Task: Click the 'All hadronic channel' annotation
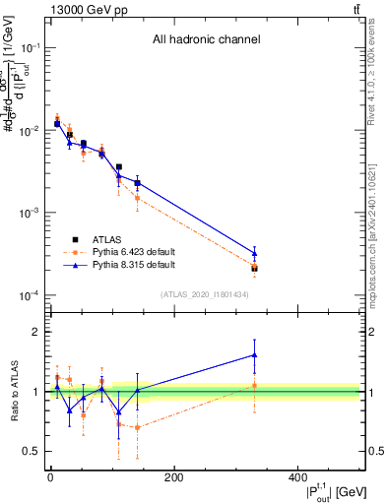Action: [x=205, y=40]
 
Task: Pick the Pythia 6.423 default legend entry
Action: [x=134, y=252]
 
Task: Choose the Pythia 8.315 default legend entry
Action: [x=134, y=265]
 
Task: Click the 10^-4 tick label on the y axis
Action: [x=31, y=295]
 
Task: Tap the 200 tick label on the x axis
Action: [x=174, y=478]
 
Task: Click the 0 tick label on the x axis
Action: [x=50, y=478]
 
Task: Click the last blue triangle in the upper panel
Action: [x=254, y=253]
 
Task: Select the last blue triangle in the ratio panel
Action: [x=254, y=355]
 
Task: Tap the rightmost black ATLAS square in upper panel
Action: [x=254, y=268]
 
